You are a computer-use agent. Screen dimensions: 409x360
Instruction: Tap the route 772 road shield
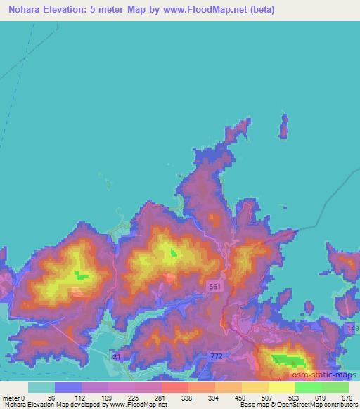point(217,358)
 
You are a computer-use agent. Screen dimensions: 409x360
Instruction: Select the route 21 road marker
point(115,357)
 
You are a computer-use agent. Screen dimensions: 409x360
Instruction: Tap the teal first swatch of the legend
point(41,387)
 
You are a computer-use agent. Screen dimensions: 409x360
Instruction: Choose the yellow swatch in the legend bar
point(282,387)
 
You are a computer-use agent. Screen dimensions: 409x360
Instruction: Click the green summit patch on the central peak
point(174,252)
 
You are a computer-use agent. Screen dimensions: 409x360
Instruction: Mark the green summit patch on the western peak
point(82,275)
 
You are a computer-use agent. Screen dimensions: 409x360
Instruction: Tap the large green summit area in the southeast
point(289,361)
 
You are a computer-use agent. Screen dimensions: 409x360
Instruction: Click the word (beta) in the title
point(262,10)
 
